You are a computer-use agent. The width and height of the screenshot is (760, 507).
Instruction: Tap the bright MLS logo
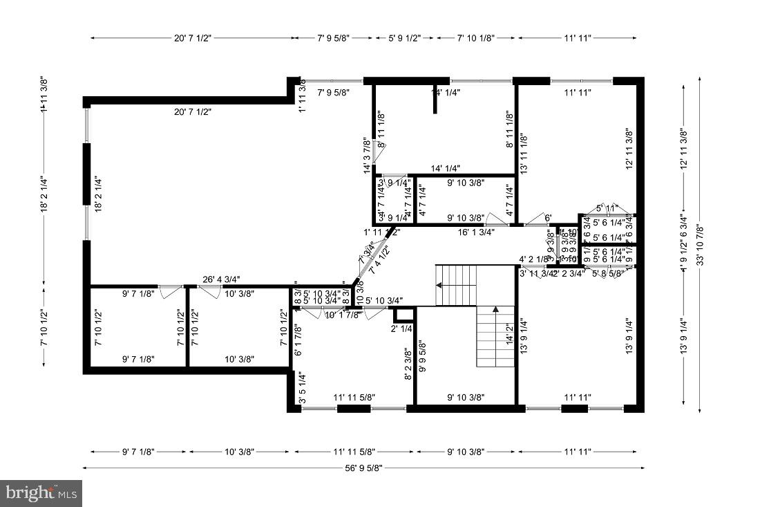[41, 493]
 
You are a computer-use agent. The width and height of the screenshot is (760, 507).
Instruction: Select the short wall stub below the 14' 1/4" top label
[435, 102]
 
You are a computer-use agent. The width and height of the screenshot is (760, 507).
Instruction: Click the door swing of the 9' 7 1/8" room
[170, 293]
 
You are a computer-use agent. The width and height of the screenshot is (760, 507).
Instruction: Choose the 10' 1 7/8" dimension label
[343, 315]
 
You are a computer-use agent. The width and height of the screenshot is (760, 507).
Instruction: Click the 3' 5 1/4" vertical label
[302, 388]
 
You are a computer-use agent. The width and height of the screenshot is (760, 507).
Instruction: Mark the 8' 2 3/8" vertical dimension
[408, 364]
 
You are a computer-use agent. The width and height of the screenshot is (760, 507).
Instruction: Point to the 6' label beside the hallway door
[549, 219]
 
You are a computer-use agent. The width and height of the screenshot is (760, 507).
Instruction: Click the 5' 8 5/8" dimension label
[609, 273]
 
